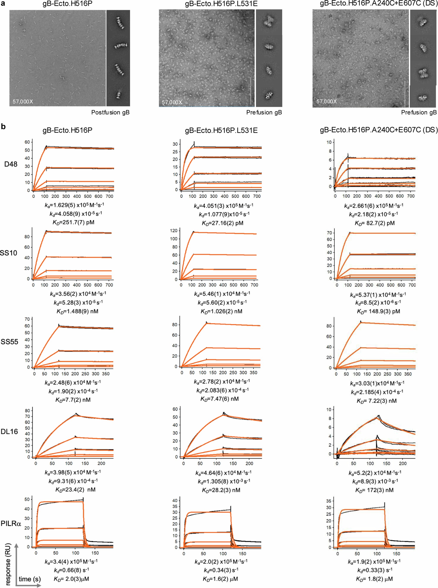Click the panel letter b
point(3,127)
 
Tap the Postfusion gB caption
point(110,112)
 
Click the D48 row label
point(11,164)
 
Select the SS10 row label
point(8,253)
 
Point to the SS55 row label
point(9,342)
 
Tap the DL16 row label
point(9,432)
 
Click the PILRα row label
point(11,523)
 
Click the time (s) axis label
point(30,579)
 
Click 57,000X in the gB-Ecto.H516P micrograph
point(23,101)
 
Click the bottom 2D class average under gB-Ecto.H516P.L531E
point(269,94)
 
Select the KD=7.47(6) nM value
point(219,399)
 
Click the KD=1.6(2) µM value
point(220,579)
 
